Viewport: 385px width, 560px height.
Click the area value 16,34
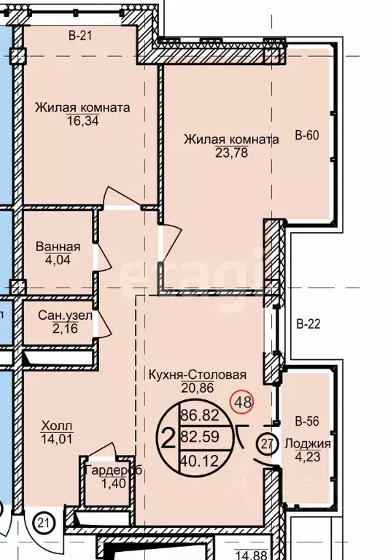[82, 120]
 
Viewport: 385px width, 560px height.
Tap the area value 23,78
[230, 153]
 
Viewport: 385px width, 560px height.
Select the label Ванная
[58, 246]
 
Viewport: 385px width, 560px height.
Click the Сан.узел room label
[66, 315]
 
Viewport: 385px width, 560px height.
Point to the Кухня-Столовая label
[206, 375]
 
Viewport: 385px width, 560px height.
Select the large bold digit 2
[167, 438]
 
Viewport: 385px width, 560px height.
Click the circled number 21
[44, 522]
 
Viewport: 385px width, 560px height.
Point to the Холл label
[59, 426]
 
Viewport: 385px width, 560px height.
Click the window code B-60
[308, 135]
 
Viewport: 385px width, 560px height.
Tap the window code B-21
[82, 34]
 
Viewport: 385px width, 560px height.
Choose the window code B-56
[308, 421]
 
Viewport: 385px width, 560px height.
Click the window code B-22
[308, 323]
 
